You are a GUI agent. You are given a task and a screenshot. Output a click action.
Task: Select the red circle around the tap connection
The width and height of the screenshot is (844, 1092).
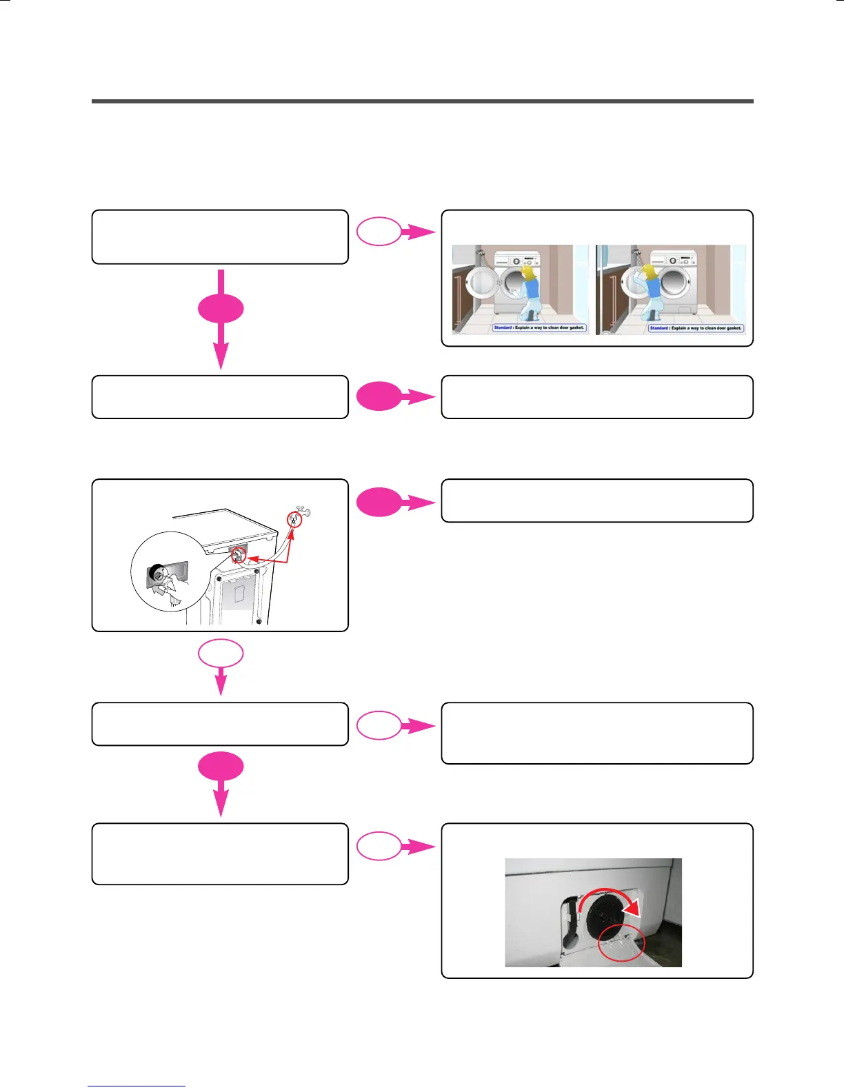pyautogui.click(x=294, y=519)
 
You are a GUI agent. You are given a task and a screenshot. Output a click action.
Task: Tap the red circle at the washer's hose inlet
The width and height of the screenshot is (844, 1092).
pyautogui.click(x=239, y=554)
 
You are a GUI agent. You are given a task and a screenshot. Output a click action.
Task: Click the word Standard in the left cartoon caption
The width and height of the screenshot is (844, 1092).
pyautogui.click(x=503, y=327)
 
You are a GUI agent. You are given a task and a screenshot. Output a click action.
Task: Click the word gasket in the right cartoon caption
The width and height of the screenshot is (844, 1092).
pyautogui.click(x=732, y=328)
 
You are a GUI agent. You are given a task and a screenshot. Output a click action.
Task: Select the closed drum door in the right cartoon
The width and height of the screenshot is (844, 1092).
pyautogui.click(x=678, y=282)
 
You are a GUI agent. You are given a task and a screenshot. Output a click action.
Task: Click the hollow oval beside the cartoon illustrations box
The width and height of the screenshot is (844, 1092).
pyautogui.click(x=379, y=232)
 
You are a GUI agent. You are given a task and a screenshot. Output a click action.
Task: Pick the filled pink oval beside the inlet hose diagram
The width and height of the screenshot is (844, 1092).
pyautogui.click(x=379, y=502)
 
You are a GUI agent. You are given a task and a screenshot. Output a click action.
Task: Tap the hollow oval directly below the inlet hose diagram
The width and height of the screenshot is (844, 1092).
pyautogui.click(x=221, y=654)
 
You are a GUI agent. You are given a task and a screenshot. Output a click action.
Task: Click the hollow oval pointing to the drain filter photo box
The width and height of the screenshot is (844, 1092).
pyautogui.click(x=379, y=847)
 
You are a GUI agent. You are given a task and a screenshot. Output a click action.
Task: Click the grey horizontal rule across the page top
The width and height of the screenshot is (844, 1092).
pyautogui.click(x=422, y=101)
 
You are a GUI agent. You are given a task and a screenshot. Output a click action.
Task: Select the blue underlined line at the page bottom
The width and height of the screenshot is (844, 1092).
pyautogui.click(x=137, y=1086)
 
